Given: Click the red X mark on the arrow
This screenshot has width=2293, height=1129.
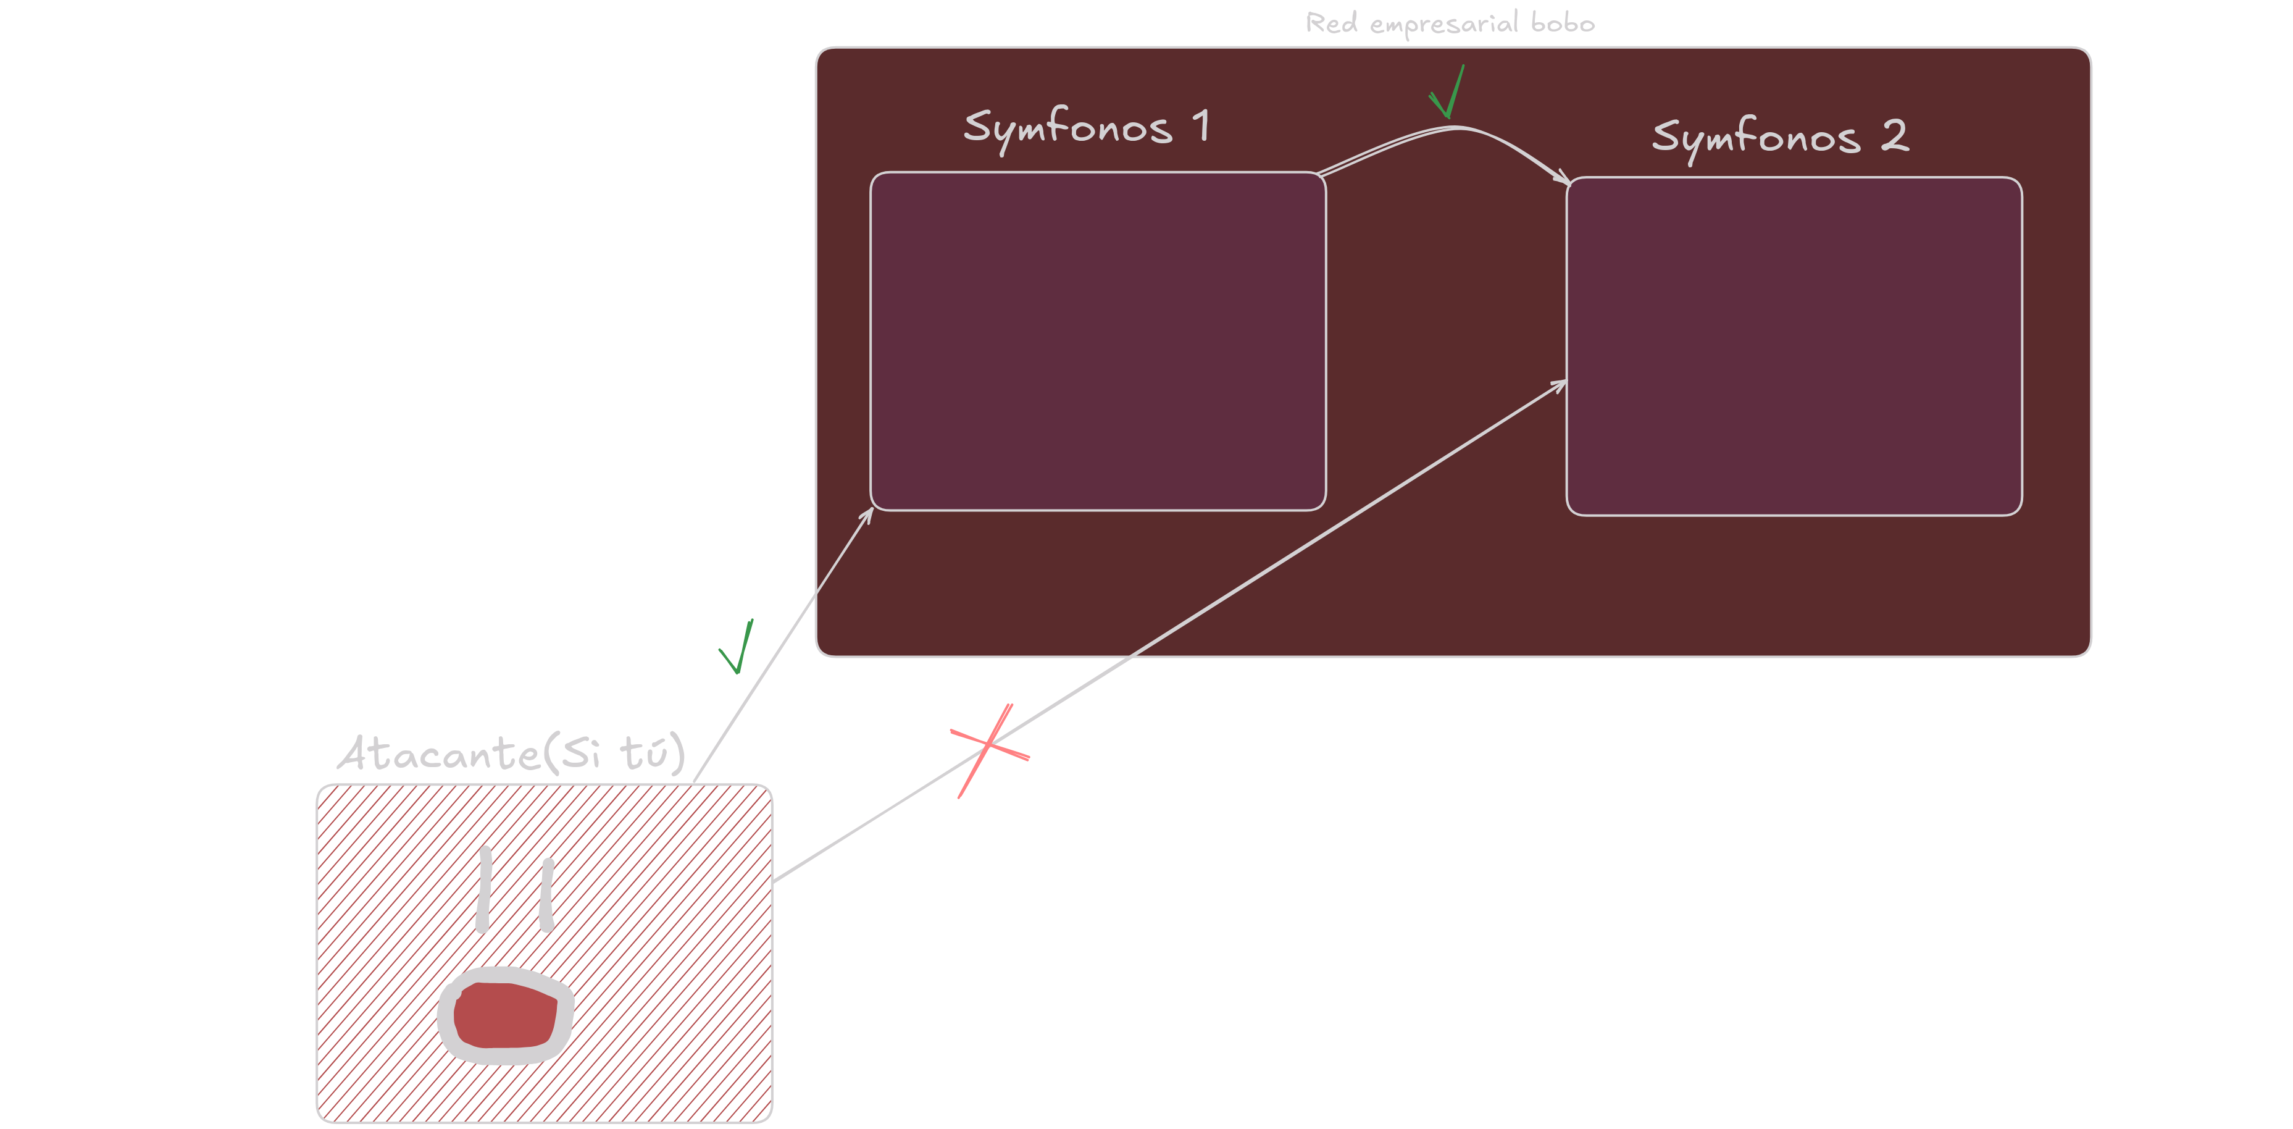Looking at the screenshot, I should (x=988, y=748).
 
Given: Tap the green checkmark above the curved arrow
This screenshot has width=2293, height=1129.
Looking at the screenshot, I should (x=1447, y=93).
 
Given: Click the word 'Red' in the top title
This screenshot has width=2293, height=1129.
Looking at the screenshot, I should (x=1332, y=22).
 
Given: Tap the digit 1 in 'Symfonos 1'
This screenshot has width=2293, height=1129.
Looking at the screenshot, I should (x=1201, y=125).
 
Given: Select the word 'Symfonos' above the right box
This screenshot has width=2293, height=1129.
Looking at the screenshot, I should (x=1755, y=138).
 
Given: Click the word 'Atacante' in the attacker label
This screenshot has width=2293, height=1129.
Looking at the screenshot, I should (x=439, y=754).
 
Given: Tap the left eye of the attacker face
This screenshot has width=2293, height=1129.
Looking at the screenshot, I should (x=484, y=889).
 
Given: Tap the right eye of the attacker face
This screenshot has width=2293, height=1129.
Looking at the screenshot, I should (x=546, y=894).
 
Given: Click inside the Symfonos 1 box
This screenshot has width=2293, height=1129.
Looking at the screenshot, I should (x=1098, y=341).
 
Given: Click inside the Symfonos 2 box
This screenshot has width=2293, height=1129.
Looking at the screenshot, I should (x=1794, y=346).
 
